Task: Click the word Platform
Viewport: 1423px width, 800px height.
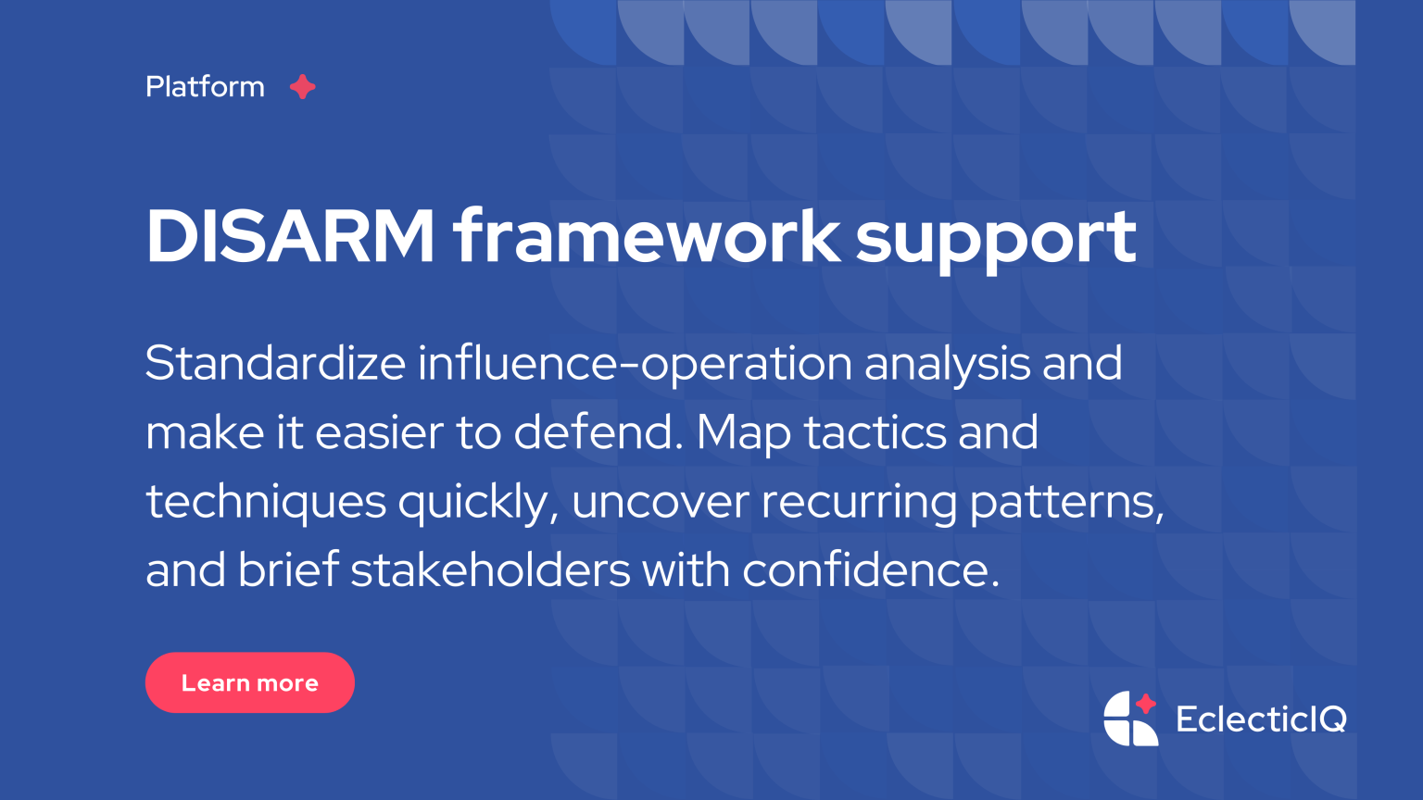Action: pyautogui.click(x=205, y=87)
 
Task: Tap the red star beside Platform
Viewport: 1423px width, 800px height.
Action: pyautogui.click(x=302, y=87)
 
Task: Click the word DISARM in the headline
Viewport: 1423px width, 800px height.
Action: pyautogui.click(x=290, y=237)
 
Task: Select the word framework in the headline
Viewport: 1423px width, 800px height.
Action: pyautogui.click(x=646, y=237)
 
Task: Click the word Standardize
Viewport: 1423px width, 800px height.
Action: pyautogui.click(x=275, y=363)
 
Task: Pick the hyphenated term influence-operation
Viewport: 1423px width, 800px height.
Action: pyautogui.click(x=635, y=363)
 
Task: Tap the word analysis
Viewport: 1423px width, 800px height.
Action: pyautogui.click(x=947, y=363)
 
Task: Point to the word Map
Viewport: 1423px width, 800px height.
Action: pyautogui.click(x=743, y=432)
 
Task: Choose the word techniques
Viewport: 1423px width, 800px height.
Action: pyautogui.click(x=266, y=502)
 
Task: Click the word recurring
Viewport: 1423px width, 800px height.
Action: pyautogui.click(x=859, y=502)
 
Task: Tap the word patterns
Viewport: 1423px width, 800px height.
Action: pyautogui.click(x=1065, y=502)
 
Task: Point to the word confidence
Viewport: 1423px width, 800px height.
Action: pyautogui.click(x=871, y=570)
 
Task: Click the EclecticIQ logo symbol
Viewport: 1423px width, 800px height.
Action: pyautogui.click(x=1130, y=719)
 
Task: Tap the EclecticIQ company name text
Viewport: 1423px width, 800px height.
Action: pyautogui.click(x=1261, y=719)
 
